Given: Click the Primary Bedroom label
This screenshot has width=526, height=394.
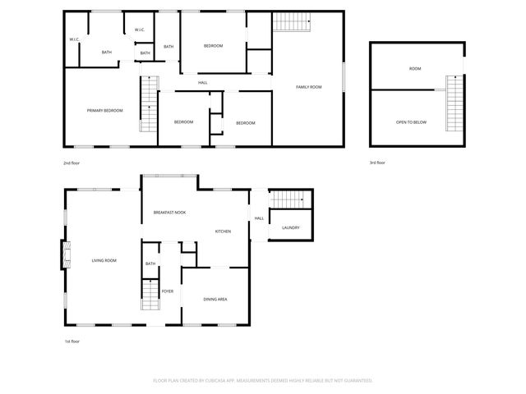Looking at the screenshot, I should click(x=105, y=110).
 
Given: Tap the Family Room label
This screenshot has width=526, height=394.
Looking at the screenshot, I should click(x=308, y=87).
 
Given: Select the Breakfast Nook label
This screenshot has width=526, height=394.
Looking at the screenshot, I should click(x=169, y=213).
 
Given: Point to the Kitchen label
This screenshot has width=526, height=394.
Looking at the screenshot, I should click(x=223, y=231).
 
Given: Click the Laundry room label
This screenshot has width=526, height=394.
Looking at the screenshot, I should click(x=290, y=227).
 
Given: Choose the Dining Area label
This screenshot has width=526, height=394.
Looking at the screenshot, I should click(x=215, y=299).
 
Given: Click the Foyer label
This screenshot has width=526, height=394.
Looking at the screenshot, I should click(x=167, y=291).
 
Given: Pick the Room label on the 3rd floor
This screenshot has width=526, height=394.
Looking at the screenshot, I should click(x=415, y=69).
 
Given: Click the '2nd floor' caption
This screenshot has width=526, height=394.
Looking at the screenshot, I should click(x=72, y=163).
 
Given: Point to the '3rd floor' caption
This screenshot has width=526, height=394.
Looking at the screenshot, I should click(x=377, y=163).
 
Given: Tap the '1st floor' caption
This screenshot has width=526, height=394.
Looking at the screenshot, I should click(x=72, y=341).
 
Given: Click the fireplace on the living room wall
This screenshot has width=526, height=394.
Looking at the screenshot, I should click(x=63, y=254).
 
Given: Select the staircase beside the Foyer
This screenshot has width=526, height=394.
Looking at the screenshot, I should click(x=150, y=295).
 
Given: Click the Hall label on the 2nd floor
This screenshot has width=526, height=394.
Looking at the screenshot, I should click(x=202, y=83).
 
